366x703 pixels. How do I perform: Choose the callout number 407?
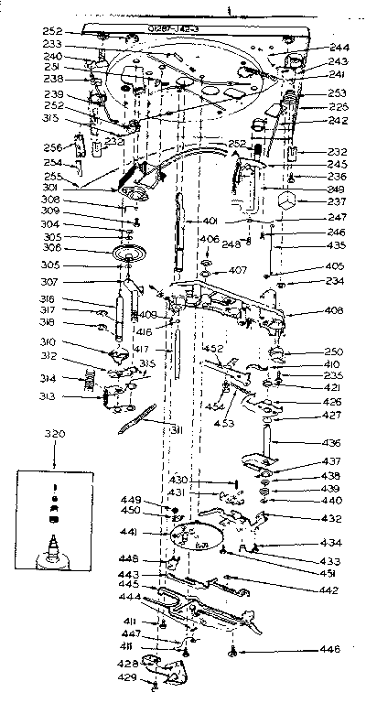tap(238, 271)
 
